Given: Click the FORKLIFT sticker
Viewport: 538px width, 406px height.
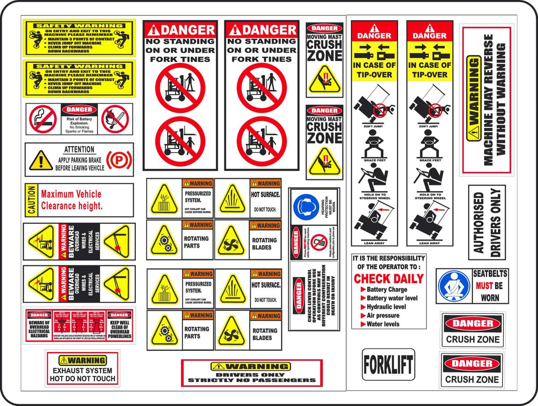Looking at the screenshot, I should click(388, 365).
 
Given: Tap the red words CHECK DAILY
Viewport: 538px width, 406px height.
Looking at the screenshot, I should click(389, 279).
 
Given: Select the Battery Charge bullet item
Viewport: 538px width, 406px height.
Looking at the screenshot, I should click(386, 290).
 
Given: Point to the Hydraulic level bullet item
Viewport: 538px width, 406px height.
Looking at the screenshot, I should click(386, 307).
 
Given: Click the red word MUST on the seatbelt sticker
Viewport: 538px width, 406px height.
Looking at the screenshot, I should click(484, 286).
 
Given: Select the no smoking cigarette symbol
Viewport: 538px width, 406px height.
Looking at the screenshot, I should click(43, 119).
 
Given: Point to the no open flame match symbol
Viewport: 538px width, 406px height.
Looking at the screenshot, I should click(115, 119).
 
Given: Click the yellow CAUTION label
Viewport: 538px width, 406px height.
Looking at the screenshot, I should click(31, 200).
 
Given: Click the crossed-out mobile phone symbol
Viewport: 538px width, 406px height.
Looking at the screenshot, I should click(319, 243).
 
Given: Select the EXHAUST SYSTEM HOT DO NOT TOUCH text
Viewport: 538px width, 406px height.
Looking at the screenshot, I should click(82, 375).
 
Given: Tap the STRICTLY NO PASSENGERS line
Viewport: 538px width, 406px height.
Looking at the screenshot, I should click(252, 380).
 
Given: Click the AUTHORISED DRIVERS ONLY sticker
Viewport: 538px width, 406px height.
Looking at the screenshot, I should click(487, 222).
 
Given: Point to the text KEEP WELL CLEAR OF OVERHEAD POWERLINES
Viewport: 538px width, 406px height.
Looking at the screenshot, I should click(119, 329).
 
